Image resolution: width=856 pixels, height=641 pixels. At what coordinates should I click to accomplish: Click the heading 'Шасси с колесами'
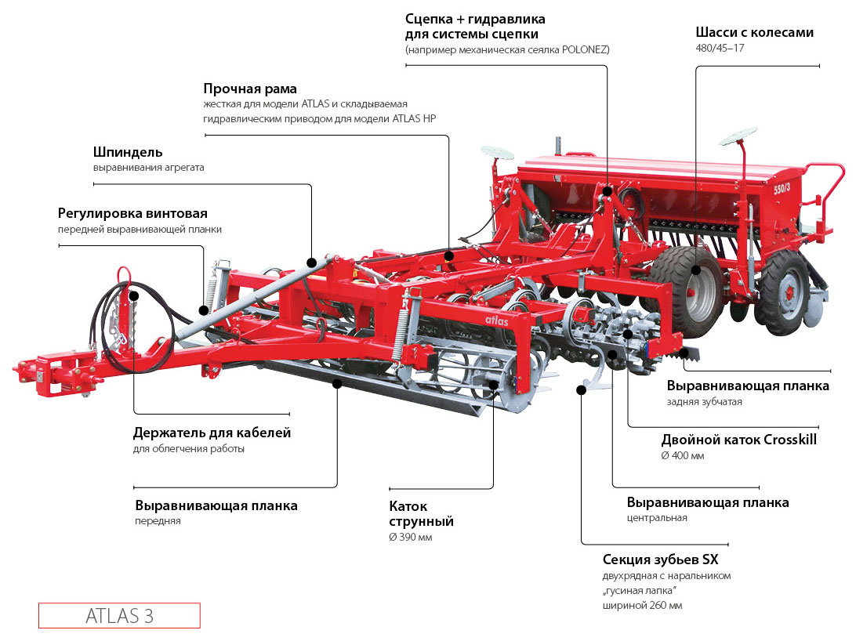[754, 32]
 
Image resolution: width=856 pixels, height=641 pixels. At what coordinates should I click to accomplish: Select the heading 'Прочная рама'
[250, 89]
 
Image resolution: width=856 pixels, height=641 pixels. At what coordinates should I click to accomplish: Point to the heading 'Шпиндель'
[128, 151]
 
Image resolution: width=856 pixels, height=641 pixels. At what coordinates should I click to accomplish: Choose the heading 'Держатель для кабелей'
[212, 433]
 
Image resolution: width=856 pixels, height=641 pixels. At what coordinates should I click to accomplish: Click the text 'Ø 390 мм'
[410, 538]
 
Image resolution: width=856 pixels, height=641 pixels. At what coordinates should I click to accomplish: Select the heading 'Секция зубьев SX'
[660, 560]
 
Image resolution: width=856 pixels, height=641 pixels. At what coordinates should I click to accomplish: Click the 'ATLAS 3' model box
[119, 615]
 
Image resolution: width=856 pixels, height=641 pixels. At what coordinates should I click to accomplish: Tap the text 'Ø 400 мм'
[683, 456]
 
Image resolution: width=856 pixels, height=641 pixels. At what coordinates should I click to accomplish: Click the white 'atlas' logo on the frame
[496, 320]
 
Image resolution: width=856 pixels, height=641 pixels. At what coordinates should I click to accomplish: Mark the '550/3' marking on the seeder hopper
[782, 189]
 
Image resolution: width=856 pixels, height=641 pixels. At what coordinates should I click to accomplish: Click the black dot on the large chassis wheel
[695, 270]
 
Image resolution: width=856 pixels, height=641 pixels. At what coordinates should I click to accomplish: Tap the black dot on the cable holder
[134, 296]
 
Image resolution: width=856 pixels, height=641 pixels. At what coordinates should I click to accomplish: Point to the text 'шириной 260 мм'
[642, 606]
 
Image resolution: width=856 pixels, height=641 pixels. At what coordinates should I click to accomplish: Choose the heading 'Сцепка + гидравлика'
[475, 18]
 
